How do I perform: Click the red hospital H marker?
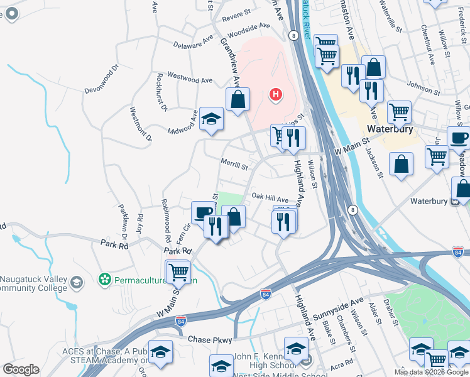coord(275,95)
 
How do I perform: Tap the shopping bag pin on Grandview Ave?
coord(238,99)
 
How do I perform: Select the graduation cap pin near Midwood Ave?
coord(212,119)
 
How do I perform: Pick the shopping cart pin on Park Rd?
coord(178,271)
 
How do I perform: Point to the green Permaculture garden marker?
coord(104,278)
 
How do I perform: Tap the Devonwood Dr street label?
coord(106,77)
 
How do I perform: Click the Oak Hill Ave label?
coord(270,197)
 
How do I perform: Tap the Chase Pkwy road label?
coord(210,339)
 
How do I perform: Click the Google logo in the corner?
coord(21,369)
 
